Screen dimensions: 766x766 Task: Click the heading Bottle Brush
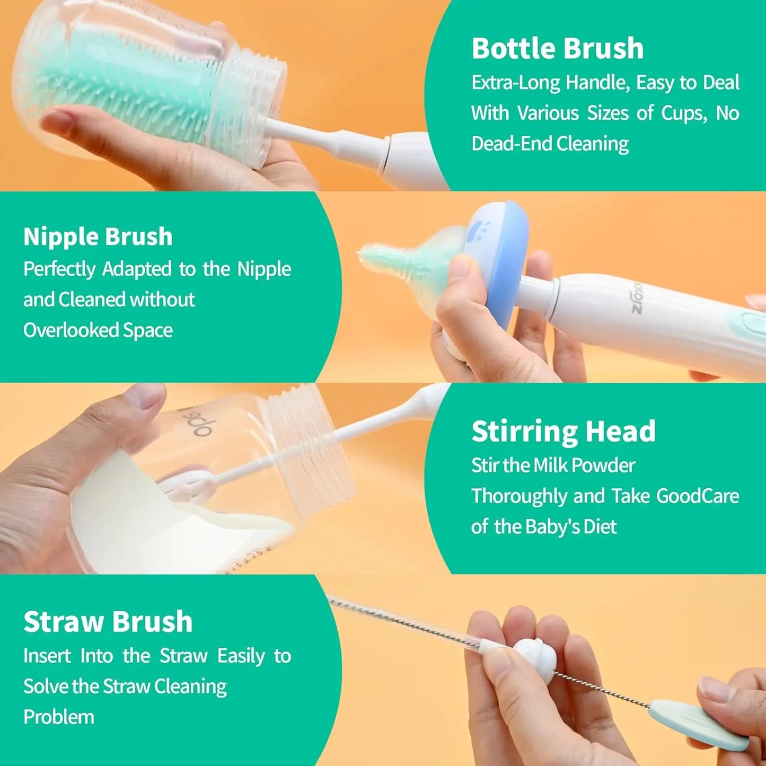click(557, 48)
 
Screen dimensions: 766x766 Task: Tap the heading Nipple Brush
click(98, 236)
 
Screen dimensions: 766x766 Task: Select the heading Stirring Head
click(563, 431)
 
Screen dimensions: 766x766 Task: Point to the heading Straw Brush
click(108, 621)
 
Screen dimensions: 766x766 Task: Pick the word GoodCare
click(697, 496)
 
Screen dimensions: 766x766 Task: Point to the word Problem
click(59, 717)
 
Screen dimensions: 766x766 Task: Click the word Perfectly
click(59, 269)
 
